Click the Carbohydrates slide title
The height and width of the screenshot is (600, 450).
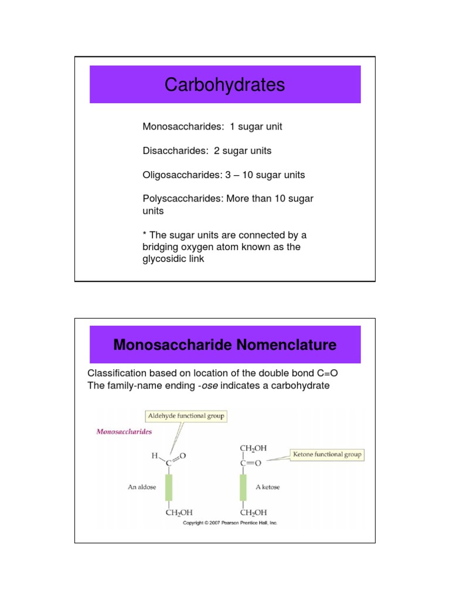224,86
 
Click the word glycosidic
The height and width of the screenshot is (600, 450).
163,258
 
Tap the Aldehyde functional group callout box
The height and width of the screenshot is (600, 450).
186,417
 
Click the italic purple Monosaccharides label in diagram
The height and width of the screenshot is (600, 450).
124,432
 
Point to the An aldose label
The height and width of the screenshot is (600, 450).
142,487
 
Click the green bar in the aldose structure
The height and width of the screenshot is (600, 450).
169,487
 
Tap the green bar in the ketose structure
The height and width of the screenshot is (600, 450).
242,487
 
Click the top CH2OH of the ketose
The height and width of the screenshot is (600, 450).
253,448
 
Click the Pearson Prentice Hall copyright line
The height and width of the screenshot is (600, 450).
230,523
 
